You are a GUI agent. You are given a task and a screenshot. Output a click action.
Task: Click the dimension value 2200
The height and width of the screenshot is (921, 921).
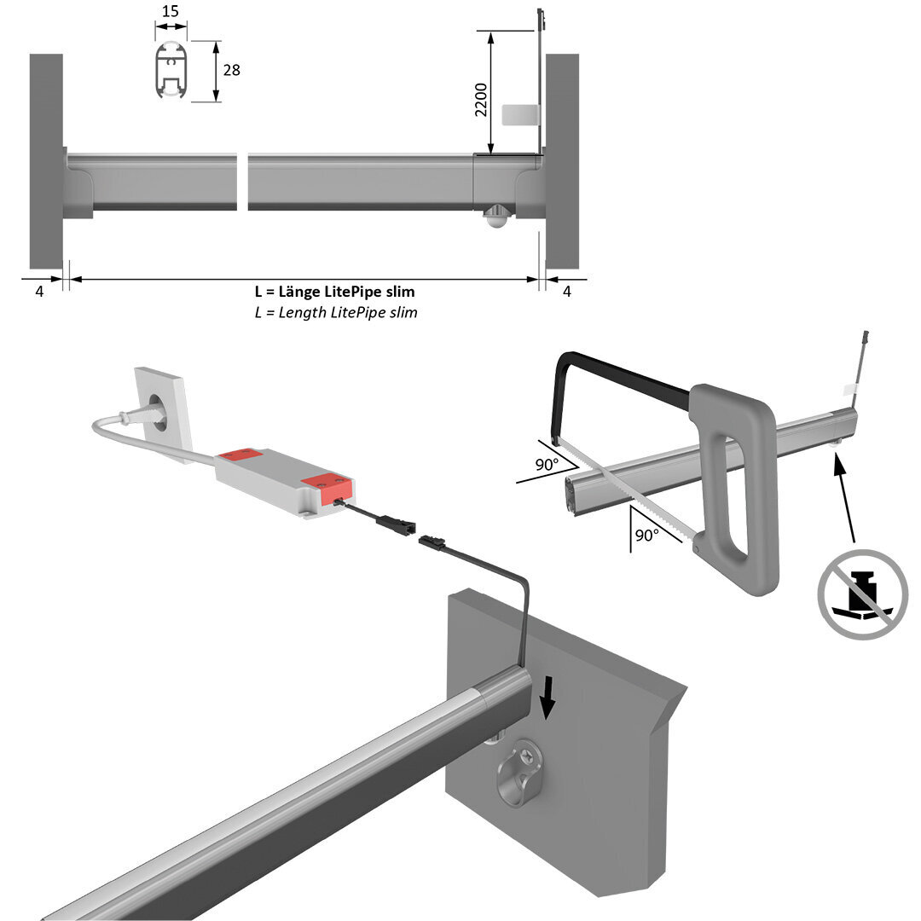481,100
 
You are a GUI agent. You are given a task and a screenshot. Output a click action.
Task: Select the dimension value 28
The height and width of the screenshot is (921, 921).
231,70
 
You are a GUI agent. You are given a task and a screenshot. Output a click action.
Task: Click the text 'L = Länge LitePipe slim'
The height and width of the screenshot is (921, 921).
334,292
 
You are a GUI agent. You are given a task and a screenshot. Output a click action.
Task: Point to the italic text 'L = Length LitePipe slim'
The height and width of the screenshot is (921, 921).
336,312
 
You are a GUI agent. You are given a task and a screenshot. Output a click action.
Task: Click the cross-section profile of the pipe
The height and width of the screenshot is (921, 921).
171,72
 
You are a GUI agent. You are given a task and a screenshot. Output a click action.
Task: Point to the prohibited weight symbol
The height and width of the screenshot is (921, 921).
862,594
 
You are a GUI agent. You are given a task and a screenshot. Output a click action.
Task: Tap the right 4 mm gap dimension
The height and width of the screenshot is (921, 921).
567,292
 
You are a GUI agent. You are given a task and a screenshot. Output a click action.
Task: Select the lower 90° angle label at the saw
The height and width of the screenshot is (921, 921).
647,536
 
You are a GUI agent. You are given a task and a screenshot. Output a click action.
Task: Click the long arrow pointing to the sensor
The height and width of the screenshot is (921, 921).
844,499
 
